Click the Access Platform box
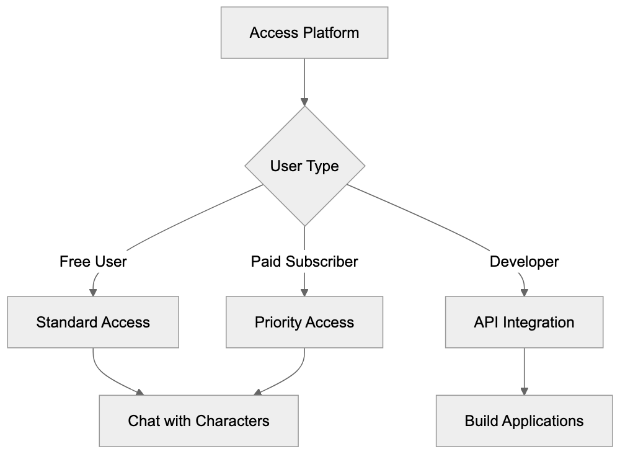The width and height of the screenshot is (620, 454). click(x=304, y=33)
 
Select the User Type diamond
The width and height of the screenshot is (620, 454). click(x=304, y=166)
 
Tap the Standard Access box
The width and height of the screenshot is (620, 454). click(x=93, y=322)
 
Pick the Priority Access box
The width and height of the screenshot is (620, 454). click(x=304, y=322)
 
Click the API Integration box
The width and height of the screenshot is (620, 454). click(x=525, y=322)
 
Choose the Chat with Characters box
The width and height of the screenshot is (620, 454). click(x=198, y=421)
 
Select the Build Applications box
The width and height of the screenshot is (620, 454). click(x=525, y=421)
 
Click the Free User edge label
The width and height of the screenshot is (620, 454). click(x=93, y=262)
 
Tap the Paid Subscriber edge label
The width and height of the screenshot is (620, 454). click(x=304, y=262)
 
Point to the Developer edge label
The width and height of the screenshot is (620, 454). click(x=525, y=262)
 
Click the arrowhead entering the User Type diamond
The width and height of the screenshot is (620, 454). click(x=304, y=102)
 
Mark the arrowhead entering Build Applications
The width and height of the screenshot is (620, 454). click(x=525, y=391)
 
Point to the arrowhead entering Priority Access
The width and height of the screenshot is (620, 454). click(x=304, y=292)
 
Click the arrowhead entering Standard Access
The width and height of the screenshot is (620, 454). click(x=93, y=292)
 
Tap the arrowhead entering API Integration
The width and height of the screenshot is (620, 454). click(x=525, y=292)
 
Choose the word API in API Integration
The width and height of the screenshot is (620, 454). click(x=485, y=322)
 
